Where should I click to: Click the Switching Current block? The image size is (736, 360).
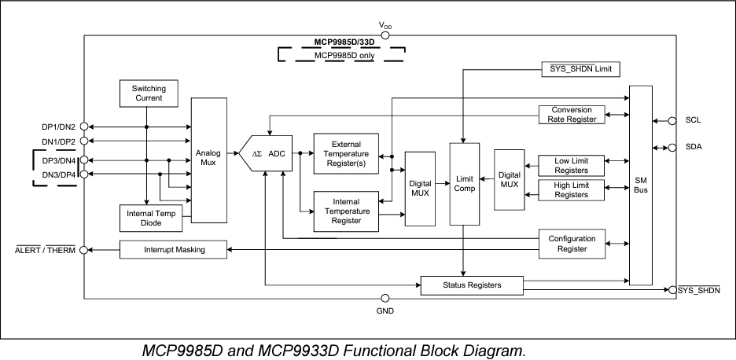pos(147,94)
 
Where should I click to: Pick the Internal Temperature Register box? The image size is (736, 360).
pos(346,211)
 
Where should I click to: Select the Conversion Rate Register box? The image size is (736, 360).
pos(571,114)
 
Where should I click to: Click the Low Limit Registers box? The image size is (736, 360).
pos(571,165)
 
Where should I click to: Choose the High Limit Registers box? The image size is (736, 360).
pos(571,189)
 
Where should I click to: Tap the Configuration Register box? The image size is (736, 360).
pos(571,243)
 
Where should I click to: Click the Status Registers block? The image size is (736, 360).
pos(471,284)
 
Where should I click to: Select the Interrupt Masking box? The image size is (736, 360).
pos(174,250)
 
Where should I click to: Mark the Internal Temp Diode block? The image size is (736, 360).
pos(150,218)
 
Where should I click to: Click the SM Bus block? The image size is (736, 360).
pos(641,186)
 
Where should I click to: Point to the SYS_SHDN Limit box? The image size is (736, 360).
pos(580,69)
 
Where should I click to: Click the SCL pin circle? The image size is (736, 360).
pos(672,121)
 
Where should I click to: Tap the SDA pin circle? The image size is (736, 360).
pos(672,147)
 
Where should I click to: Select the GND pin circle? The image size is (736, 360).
pos(385,299)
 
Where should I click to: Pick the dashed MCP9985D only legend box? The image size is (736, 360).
pos(340,54)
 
